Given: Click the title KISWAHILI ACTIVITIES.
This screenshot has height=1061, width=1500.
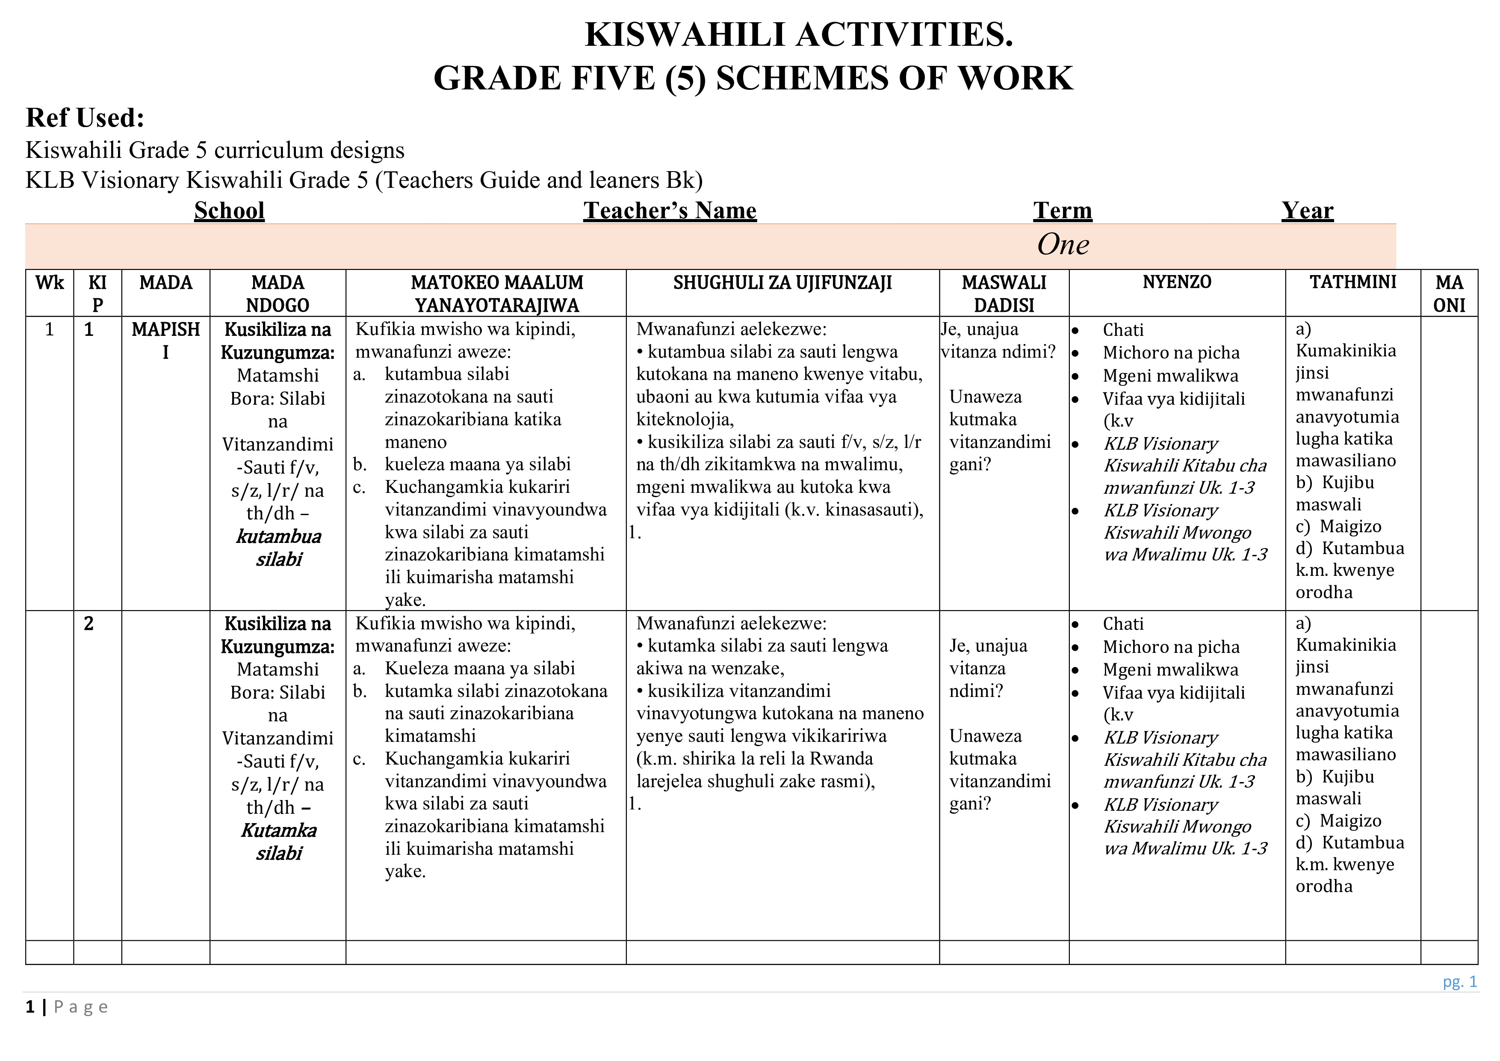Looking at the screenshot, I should click(798, 35).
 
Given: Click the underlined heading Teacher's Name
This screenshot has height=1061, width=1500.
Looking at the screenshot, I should click(670, 210).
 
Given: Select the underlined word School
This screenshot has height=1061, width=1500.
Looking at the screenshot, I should click(229, 210).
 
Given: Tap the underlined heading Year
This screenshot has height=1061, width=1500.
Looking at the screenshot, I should click(1307, 210).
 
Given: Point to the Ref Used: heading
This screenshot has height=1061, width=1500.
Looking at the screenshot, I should click(85, 118).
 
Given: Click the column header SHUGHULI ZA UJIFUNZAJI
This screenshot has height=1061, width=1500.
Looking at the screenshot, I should click(782, 282).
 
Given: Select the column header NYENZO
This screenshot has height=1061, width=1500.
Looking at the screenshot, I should click(1177, 282).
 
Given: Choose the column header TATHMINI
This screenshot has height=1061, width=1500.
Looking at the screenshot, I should click(1352, 282).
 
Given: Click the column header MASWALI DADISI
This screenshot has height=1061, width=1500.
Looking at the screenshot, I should click(1004, 293).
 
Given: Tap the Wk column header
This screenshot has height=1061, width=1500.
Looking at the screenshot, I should click(50, 282).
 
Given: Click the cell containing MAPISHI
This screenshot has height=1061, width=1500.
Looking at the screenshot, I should click(165, 340).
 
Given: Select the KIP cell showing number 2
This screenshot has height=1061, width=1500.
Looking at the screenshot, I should click(89, 624).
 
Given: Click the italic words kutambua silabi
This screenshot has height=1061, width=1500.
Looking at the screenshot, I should click(278, 548).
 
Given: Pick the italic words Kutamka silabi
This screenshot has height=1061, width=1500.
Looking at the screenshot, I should click(278, 842).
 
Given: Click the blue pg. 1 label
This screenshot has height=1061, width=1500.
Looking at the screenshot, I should click(1459, 981).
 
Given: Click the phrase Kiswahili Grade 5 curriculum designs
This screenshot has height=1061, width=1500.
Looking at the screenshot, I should click(215, 150).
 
